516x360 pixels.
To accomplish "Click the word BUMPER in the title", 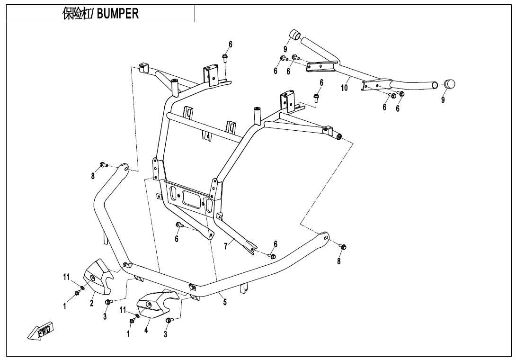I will [118, 14].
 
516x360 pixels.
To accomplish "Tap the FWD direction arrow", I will [41, 331].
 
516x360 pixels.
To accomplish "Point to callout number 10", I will [344, 88].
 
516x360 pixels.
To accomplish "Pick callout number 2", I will [92, 303].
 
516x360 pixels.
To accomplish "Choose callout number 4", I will [146, 330].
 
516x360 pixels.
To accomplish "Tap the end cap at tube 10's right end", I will [449, 84].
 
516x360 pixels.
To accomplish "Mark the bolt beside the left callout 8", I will [102, 165].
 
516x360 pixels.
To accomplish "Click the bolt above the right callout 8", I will [344, 247].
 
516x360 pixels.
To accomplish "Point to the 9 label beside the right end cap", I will [443, 100].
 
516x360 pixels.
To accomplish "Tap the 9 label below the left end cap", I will [285, 49].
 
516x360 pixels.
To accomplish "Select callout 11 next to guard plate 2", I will [67, 277].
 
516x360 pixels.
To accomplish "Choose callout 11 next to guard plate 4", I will [123, 310].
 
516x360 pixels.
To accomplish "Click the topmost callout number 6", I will [231, 45].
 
